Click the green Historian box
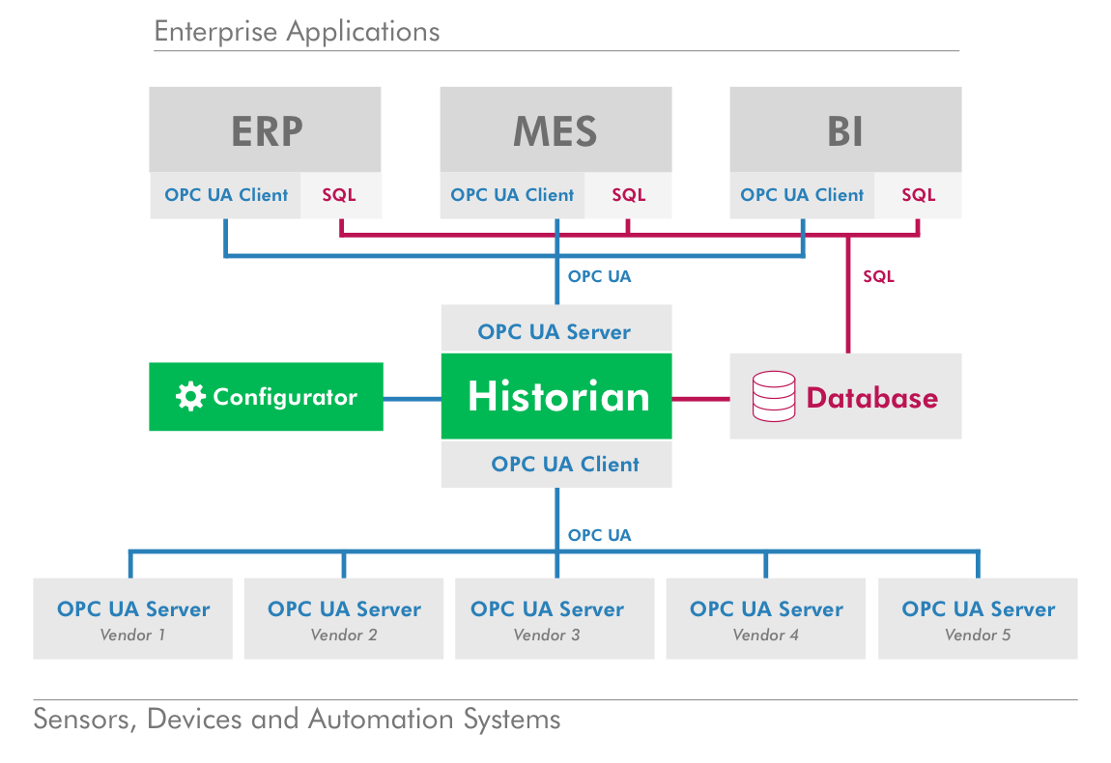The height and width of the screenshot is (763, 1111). tap(556, 396)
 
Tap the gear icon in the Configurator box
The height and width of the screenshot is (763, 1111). tap(190, 397)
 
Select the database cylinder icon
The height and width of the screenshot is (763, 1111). tap(774, 396)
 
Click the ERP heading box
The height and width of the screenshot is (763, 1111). tap(266, 130)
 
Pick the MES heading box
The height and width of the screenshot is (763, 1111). tap(555, 130)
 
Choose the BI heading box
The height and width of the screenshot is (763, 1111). tap(845, 130)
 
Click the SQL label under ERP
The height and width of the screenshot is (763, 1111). tap(339, 195)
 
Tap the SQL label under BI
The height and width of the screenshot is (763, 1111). tap(919, 195)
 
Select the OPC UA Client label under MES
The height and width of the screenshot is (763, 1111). tap(512, 195)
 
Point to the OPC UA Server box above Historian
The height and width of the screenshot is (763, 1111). tap(555, 331)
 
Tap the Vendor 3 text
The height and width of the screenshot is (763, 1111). tap(547, 636)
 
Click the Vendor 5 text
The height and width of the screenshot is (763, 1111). tap(978, 636)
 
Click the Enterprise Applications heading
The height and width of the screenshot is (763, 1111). tap(297, 32)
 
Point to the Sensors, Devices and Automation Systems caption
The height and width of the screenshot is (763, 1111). tap(297, 720)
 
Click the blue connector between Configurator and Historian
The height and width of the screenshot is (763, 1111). tap(412, 397)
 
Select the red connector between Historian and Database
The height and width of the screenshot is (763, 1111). tap(700, 397)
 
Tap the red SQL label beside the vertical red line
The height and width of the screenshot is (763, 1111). tap(878, 276)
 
